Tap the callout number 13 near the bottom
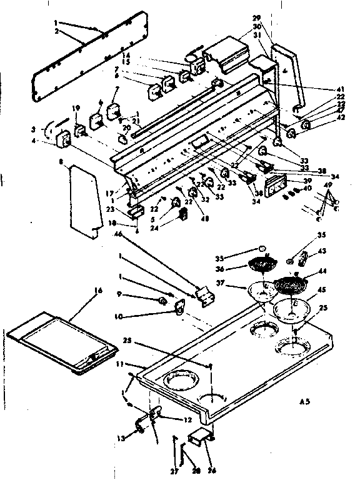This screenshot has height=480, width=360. pos(121,439)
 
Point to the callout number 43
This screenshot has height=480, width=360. pos(322,251)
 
